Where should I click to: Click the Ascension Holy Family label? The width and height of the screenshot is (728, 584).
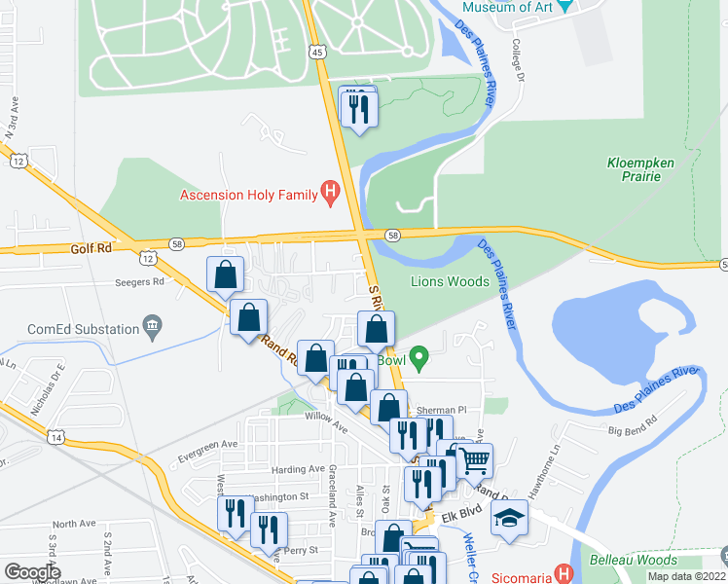(x=250, y=195)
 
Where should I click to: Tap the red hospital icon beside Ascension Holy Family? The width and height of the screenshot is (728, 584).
(x=331, y=193)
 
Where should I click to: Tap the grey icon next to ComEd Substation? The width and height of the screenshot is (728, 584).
(x=151, y=324)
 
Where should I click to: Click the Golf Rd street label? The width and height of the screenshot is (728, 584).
(x=92, y=249)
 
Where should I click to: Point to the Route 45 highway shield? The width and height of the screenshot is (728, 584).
(x=318, y=53)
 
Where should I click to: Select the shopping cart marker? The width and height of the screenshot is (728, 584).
(x=474, y=458)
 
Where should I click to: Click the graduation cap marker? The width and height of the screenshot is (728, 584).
(x=509, y=519)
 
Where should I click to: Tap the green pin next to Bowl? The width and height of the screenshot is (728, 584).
(x=419, y=359)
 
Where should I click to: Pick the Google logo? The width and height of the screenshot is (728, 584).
(x=32, y=572)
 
